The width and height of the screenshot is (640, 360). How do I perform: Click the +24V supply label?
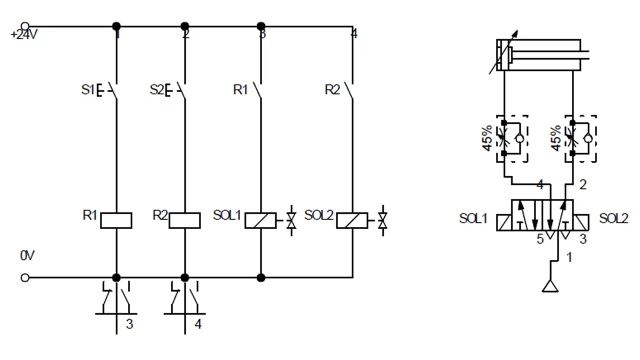coord(24,35)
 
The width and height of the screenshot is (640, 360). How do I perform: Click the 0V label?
coord(27,255)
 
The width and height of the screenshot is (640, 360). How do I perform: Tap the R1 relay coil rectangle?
coord(116,220)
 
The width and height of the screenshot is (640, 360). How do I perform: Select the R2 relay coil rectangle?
coord(184,220)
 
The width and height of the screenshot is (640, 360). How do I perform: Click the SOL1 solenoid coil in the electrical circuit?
coord(260,220)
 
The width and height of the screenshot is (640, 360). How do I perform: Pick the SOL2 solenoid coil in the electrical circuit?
coord(352,220)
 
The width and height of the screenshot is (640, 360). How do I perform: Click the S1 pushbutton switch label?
coord(87,89)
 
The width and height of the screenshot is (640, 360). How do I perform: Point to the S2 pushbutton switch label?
coord(156,89)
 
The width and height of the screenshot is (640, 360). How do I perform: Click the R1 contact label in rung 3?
coord(240,89)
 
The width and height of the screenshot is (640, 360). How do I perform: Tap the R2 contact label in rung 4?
coord(332,89)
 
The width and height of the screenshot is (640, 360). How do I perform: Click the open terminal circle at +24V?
coord(25,26)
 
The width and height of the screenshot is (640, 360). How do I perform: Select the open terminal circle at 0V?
coord(25,277)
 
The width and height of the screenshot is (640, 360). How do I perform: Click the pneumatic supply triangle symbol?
coord(550,286)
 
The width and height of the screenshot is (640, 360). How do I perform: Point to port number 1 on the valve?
coord(569,257)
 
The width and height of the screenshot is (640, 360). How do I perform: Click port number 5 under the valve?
coord(540,239)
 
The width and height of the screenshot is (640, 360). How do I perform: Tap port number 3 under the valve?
coord(583,239)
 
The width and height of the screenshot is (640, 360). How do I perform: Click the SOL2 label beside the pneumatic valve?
coord(613,218)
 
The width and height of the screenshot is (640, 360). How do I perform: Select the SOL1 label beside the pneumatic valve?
coord(473,218)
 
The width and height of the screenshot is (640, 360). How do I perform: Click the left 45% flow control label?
coord(487,138)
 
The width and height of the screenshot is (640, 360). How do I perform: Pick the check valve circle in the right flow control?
coord(587,139)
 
